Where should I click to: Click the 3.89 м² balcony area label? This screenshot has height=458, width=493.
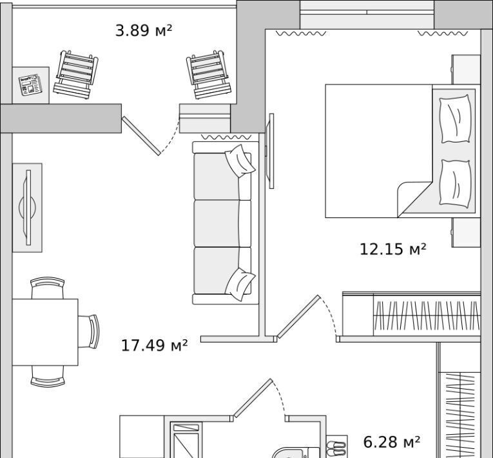(144, 30)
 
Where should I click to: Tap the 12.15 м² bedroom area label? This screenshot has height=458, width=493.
(392, 248)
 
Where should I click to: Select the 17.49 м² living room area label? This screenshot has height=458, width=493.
(154, 345)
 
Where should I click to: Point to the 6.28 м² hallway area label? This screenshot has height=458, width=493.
(391, 442)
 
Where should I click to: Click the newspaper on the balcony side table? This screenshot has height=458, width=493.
(30, 85)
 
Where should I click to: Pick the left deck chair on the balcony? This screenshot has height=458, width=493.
(76, 74)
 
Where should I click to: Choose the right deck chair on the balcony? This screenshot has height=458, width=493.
(209, 74)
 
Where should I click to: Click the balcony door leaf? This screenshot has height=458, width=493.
(141, 135)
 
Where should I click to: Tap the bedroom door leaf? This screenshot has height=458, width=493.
(298, 317)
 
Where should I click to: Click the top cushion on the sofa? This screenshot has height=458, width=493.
(240, 161)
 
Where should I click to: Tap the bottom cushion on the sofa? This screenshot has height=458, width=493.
(240, 284)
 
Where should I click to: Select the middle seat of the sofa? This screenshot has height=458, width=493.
(222, 223)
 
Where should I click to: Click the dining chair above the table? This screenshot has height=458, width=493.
(48, 288)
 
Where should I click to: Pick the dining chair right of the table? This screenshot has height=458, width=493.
(89, 332)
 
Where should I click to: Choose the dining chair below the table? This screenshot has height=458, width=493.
(48, 376)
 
